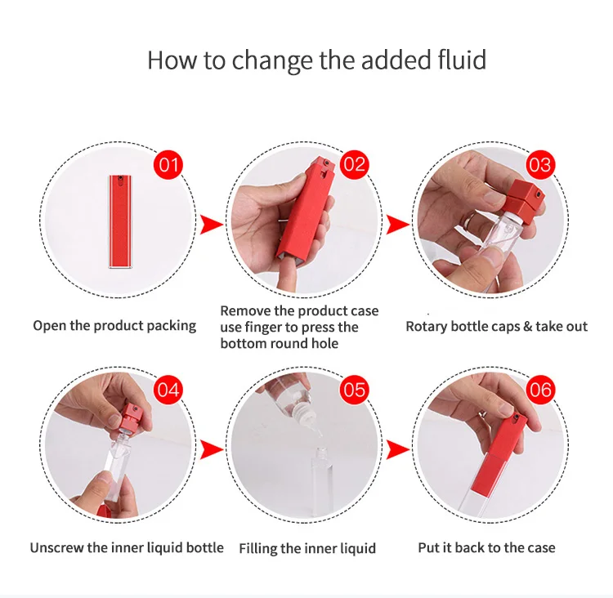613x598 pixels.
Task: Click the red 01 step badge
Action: (168, 165)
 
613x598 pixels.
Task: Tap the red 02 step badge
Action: (355, 164)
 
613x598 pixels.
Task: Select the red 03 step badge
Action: (541, 165)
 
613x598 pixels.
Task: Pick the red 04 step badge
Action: (168, 390)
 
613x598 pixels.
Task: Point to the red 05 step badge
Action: (355, 390)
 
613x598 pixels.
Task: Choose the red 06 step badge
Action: (541, 390)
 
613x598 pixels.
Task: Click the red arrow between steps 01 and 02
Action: (211, 225)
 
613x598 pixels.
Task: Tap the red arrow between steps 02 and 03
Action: (397, 225)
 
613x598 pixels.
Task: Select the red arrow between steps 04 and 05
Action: (211, 449)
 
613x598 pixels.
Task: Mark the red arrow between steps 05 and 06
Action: (397, 449)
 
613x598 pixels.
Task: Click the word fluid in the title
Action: (459, 60)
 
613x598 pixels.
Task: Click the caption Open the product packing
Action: (114, 326)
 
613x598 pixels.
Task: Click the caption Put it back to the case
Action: (487, 547)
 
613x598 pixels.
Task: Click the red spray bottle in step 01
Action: (120, 221)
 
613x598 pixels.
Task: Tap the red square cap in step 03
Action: (524, 200)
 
